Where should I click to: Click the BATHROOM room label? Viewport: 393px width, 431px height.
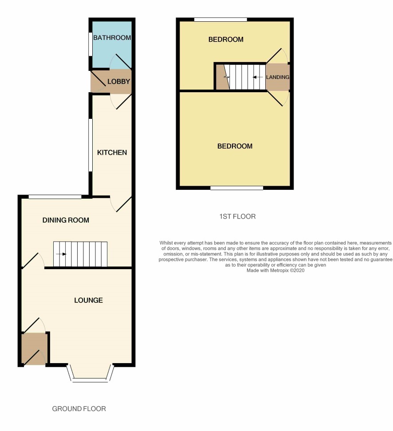click(112, 38)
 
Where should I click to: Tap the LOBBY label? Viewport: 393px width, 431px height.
click(118, 81)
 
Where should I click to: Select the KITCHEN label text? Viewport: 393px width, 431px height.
click(112, 152)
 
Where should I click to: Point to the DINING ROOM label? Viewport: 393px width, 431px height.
click(66, 220)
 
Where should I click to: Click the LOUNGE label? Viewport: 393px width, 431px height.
click(89, 300)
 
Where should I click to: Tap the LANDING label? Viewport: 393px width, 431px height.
click(278, 77)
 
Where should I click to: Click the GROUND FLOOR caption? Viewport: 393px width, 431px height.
click(79, 409)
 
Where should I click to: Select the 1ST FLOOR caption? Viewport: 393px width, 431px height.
click(237, 216)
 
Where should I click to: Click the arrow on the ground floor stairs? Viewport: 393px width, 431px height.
click(61, 254)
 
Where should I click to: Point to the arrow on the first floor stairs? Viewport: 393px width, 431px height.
click(258, 77)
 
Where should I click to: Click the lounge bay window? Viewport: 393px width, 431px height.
click(91, 373)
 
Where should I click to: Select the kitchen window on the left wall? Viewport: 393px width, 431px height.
click(90, 145)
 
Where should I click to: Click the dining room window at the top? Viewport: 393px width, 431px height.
click(55, 197)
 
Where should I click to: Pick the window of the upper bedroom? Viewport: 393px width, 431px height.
click(220, 20)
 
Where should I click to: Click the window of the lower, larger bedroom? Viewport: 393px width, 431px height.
click(237, 188)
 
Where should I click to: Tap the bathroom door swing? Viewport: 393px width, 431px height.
click(120, 61)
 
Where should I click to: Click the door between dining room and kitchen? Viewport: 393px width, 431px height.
click(121, 204)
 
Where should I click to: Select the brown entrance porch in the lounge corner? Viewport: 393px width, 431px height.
click(34, 349)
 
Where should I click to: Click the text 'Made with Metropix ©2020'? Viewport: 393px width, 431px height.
click(275, 270)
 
